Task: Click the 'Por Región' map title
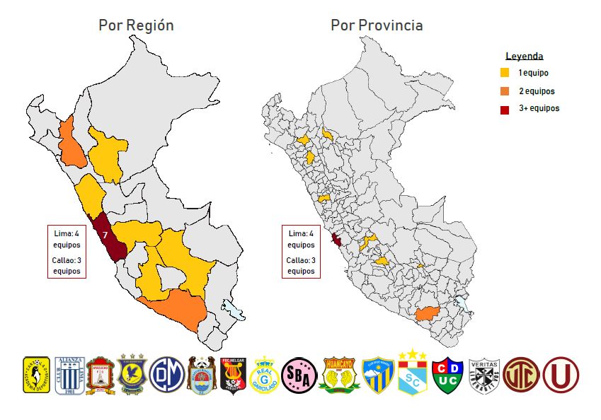tap(136, 25)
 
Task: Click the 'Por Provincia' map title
tap(377, 25)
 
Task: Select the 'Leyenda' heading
tap(524, 57)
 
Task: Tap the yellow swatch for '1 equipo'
tap(505, 73)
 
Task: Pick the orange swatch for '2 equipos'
tap(505, 91)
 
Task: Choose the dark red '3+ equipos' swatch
tap(505, 109)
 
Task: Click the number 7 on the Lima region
tap(105, 234)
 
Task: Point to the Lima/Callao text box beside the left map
tap(67, 252)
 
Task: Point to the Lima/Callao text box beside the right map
tap(301, 252)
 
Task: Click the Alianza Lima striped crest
tap(69, 375)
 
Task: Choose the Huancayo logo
tap(337, 375)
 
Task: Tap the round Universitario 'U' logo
tap(561, 375)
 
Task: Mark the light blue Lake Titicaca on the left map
tap(233, 310)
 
